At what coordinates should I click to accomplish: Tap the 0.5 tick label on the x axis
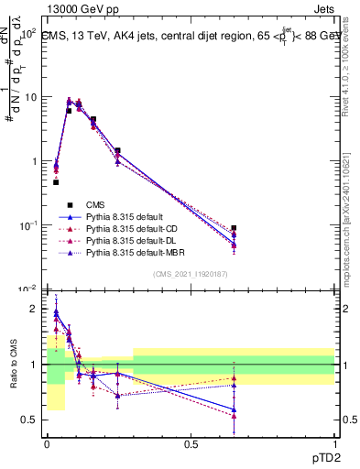pyautogui.click(x=191, y=444)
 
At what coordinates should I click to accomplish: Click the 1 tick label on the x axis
pyautogui.click(x=334, y=444)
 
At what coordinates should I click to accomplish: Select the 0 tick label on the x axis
pyautogui.click(x=47, y=444)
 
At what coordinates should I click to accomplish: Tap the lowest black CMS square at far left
pyautogui.click(x=56, y=182)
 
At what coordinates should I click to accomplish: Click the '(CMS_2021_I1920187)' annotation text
pyautogui.click(x=190, y=274)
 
